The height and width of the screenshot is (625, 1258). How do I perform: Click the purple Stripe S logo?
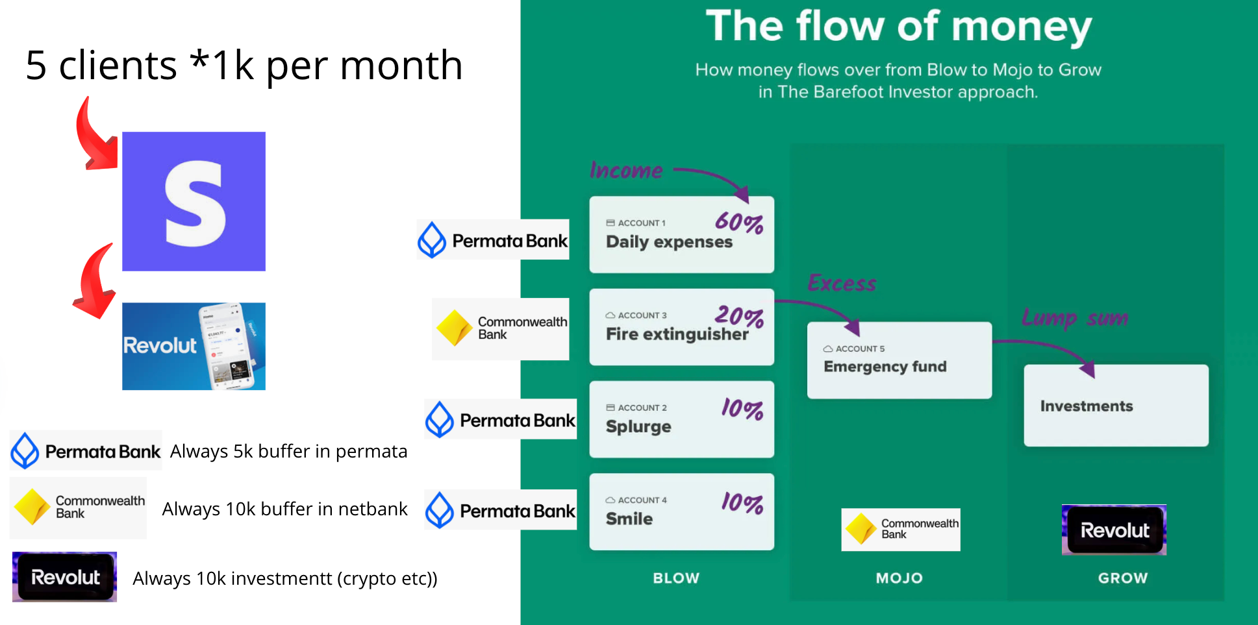pos(194,201)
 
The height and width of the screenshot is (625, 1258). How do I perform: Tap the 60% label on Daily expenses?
pos(739,222)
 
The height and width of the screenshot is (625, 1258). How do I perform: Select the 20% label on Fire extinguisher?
pos(739,315)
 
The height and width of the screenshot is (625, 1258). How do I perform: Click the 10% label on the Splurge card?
pos(742,408)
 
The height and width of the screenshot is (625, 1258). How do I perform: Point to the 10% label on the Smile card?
pos(742,502)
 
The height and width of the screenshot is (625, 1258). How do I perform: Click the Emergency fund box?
pos(899,360)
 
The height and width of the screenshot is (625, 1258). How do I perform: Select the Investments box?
pos(1116,406)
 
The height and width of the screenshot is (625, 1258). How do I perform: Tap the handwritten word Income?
pos(626,170)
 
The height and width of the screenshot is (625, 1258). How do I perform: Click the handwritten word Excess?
pos(842,283)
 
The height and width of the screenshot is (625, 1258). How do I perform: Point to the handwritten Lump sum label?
pos(1075,317)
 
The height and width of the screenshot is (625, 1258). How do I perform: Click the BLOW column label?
pos(676,578)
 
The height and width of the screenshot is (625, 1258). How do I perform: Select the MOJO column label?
pos(899,578)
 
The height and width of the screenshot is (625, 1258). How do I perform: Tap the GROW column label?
pos(1123,578)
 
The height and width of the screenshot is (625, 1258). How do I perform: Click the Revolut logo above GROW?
pos(1114,530)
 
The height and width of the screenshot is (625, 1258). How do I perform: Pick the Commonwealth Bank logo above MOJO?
pos(901,530)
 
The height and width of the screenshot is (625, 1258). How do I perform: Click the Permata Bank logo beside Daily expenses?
pos(493,240)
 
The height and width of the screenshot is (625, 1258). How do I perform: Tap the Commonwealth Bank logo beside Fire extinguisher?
pos(501,328)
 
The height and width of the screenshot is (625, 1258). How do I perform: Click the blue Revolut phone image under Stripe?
pos(194,346)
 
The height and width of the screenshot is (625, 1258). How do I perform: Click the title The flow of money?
pos(899,27)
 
